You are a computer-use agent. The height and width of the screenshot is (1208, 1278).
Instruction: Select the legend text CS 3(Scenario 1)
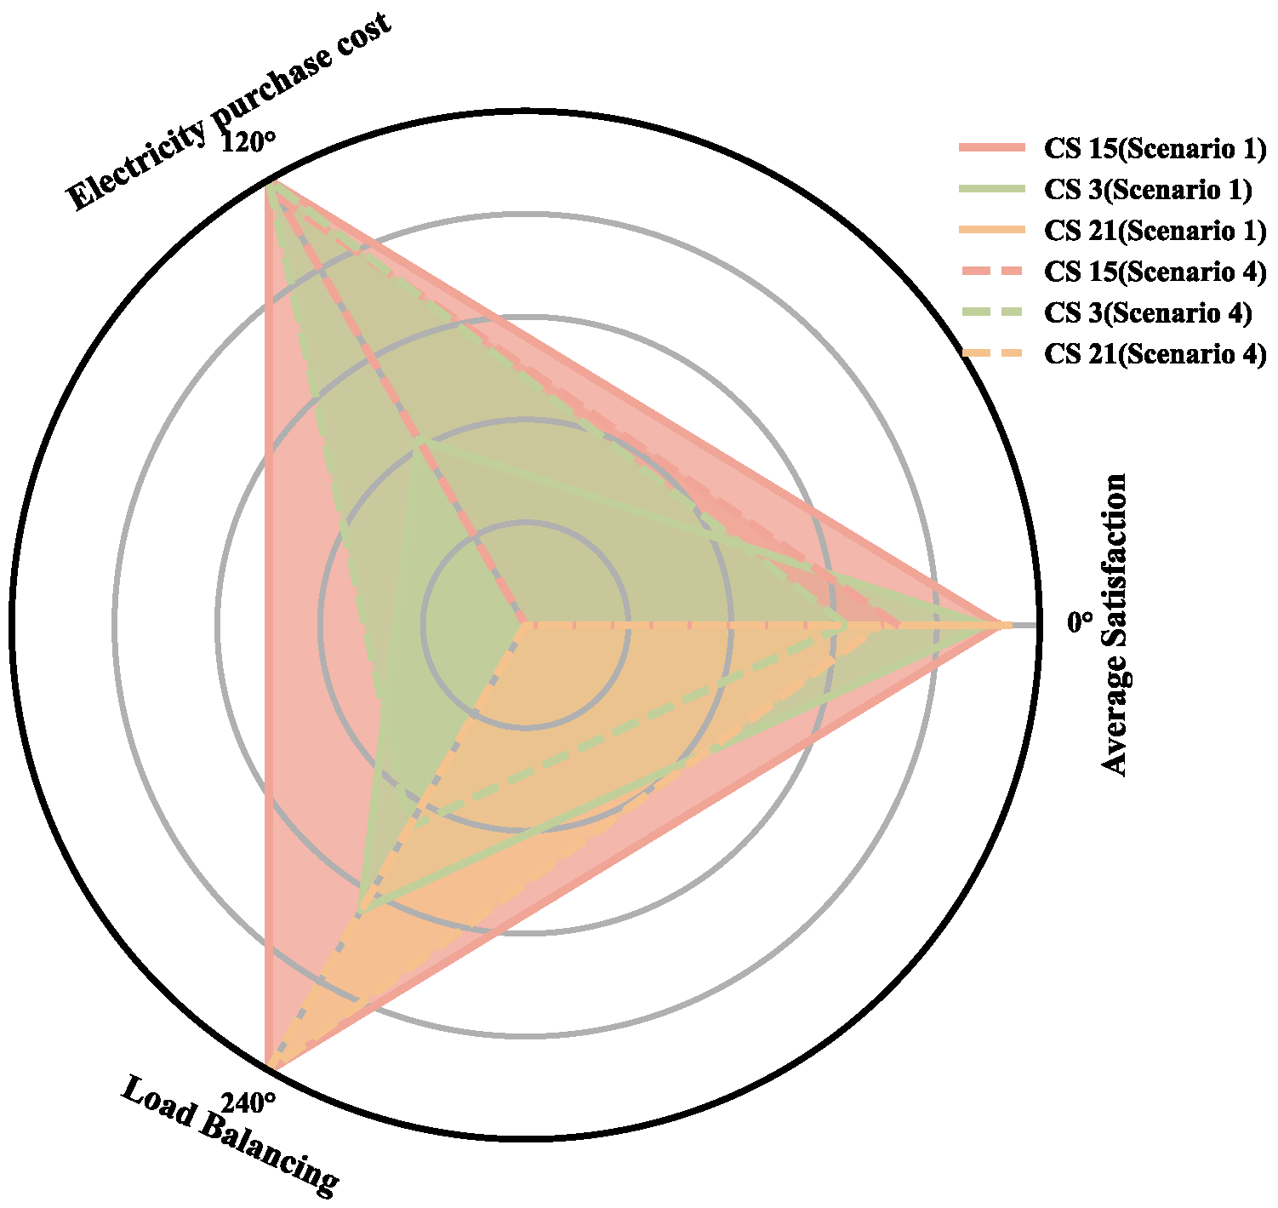[1148, 190]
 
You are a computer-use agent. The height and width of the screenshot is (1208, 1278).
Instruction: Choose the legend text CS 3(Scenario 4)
[1148, 312]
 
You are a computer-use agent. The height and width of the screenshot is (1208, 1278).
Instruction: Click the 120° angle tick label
[248, 141]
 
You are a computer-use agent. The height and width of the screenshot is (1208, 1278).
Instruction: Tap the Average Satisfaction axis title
[1115, 624]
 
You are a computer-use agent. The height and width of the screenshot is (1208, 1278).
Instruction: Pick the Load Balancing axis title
[228, 1136]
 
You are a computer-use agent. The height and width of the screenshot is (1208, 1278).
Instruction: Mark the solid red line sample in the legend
[990, 149]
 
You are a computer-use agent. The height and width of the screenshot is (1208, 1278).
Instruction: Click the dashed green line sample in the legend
[990, 312]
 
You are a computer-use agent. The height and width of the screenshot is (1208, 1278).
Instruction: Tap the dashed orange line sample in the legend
[990, 353]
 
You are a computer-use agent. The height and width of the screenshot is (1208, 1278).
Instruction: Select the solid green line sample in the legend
[990, 190]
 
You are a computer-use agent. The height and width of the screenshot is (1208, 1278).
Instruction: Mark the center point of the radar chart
[524, 624]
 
